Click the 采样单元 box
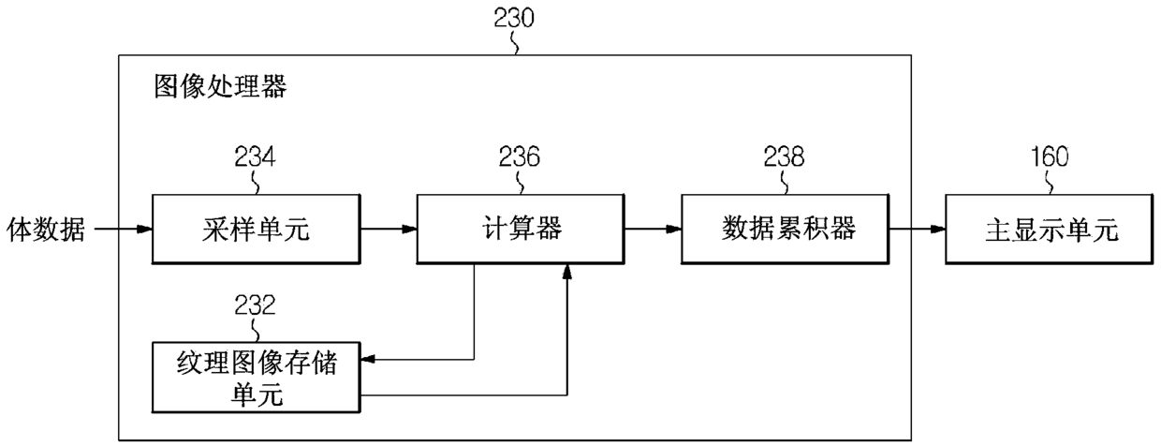pyautogui.click(x=256, y=230)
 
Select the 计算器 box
pyautogui.click(x=521, y=230)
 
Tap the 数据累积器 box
pyautogui.click(x=786, y=230)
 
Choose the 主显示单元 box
pyautogui.click(x=1051, y=230)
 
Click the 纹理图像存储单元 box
pyautogui.click(x=256, y=377)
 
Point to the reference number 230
pyautogui.click(x=514, y=18)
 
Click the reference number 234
pyautogui.click(x=255, y=156)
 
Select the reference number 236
pyautogui.click(x=520, y=156)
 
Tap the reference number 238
pyautogui.click(x=785, y=156)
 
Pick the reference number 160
pyautogui.click(x=1050, y=156)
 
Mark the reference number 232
pyautogui.click(x=255, y=305)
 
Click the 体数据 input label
pyautogui.click(x=46, y=230)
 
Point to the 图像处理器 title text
pyautogui.click(x=220, y=86)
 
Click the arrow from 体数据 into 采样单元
pyautogui.click(x=124, y=229)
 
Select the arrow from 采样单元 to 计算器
pyautogui.click(x=389, y=229)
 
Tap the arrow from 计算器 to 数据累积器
pyautogui.click(x=654, y=229)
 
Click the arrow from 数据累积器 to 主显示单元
pyautogui.click(x=918, y=229)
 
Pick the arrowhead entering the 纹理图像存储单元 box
pyautogui.click(x=367, y=359)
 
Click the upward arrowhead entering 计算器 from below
pyautogui.click(x=567, y=271)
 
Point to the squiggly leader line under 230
pyautogui.click(x=514, y=42)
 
